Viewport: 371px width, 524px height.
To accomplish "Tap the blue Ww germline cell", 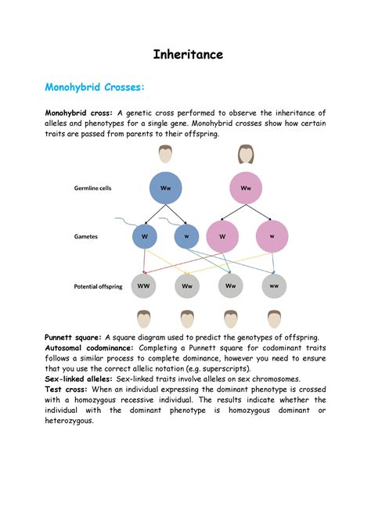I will click(166, 188).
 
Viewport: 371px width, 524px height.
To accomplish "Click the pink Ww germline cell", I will click(246, 188).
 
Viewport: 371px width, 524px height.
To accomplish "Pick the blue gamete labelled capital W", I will click(144, 235).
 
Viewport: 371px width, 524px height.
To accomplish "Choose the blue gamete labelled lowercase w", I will click(186, 235).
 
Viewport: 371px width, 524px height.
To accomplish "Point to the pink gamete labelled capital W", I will click(223, 236).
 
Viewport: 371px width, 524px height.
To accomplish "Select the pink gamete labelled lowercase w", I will click(272, 236).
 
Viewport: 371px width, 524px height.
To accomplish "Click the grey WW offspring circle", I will click(144, 286).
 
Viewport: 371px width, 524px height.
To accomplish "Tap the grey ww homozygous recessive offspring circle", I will click(274, 286).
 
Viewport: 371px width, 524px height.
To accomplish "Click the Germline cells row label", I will click(97, 188).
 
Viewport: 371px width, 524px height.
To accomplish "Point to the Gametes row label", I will click(86, 235).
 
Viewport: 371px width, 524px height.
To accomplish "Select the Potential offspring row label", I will click(101, 286).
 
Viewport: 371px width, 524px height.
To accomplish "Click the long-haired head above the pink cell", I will click(246, 153).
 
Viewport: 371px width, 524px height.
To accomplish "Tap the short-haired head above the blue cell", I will click(166, 153).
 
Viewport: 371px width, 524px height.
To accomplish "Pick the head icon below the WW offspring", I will click(144, 319).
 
